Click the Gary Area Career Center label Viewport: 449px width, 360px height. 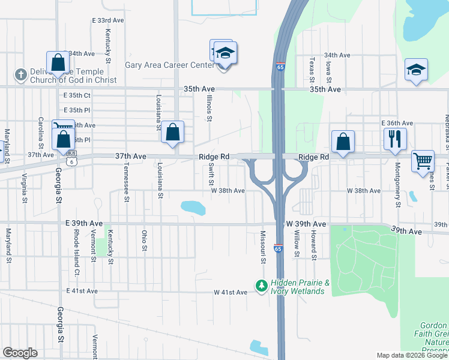coord(169,65)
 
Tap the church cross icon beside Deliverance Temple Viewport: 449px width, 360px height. coord(20,75)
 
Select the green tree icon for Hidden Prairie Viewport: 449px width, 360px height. coord(261,286)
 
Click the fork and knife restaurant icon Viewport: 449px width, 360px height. coord(395,138)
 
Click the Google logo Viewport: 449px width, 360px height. coord(20,352)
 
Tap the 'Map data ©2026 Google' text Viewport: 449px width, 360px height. coord(411,355)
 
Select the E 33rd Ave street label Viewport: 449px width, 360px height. coord(108,20)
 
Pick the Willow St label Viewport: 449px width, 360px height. coord(297,245)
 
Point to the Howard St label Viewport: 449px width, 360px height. coord(313,247)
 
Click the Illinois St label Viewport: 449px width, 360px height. coord(209,109)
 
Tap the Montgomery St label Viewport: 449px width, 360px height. coord(397,187)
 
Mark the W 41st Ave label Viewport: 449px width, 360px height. coord(231,292)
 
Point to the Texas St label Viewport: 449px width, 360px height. coord(312,71)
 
